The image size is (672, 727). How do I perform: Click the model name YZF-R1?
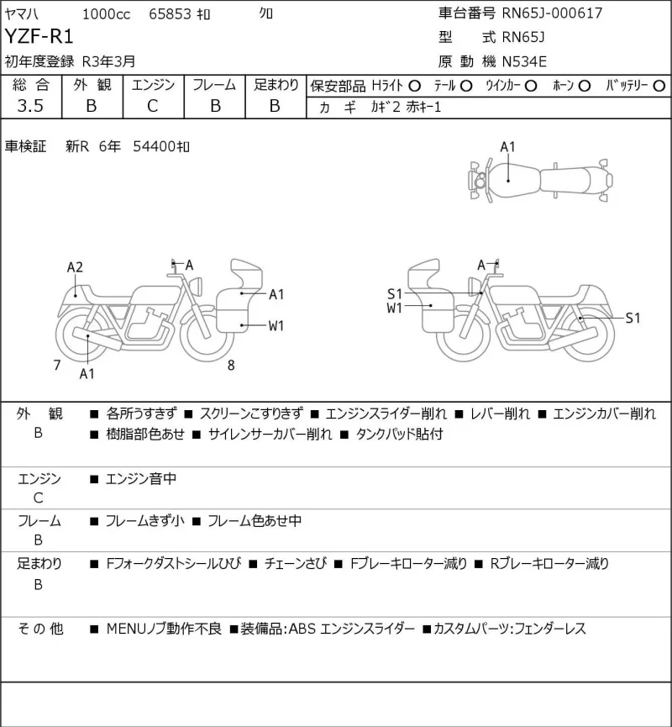pyautogui.click(x=39, y=36)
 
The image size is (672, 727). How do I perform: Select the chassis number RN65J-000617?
pyautogui.click(x=552, y=13)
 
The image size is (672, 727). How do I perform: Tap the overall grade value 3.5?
pyautogui.click(x=30, y=106)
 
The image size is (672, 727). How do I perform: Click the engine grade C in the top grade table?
pyautogui.click(x=153, y=106)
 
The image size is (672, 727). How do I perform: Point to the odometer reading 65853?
pyautogui.click(x=170, y=14)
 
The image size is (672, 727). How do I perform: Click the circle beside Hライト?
pyautogui.click(x=415, y=87)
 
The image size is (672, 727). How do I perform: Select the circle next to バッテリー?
pyautogui.click(x=659, y=87)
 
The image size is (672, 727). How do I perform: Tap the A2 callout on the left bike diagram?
pyautogui.click(x=75, y=267)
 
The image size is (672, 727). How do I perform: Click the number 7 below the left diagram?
pyautogui.click(x=57, y=366)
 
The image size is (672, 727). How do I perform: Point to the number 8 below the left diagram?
pyautogui.click(x=231, y=366)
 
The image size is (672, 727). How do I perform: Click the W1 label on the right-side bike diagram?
pyautogui.click(x=395, y=308)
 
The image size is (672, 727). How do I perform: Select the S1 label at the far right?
pyautogui.click(x=633, y=318)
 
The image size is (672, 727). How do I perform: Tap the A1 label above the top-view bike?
pyautogui.click(x=507, y=147)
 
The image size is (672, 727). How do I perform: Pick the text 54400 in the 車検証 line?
pyautogui.click(x=154, y=146)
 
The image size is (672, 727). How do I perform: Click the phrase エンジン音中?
pyautogui.click(x=141, y=478)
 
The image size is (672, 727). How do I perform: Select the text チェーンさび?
pyautogui.click(x=295, y=563)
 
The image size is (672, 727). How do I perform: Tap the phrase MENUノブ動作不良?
pyautogui.click(x=164, y=629)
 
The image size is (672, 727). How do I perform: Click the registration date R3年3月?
pyautogui.click(x=109, y=61)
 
